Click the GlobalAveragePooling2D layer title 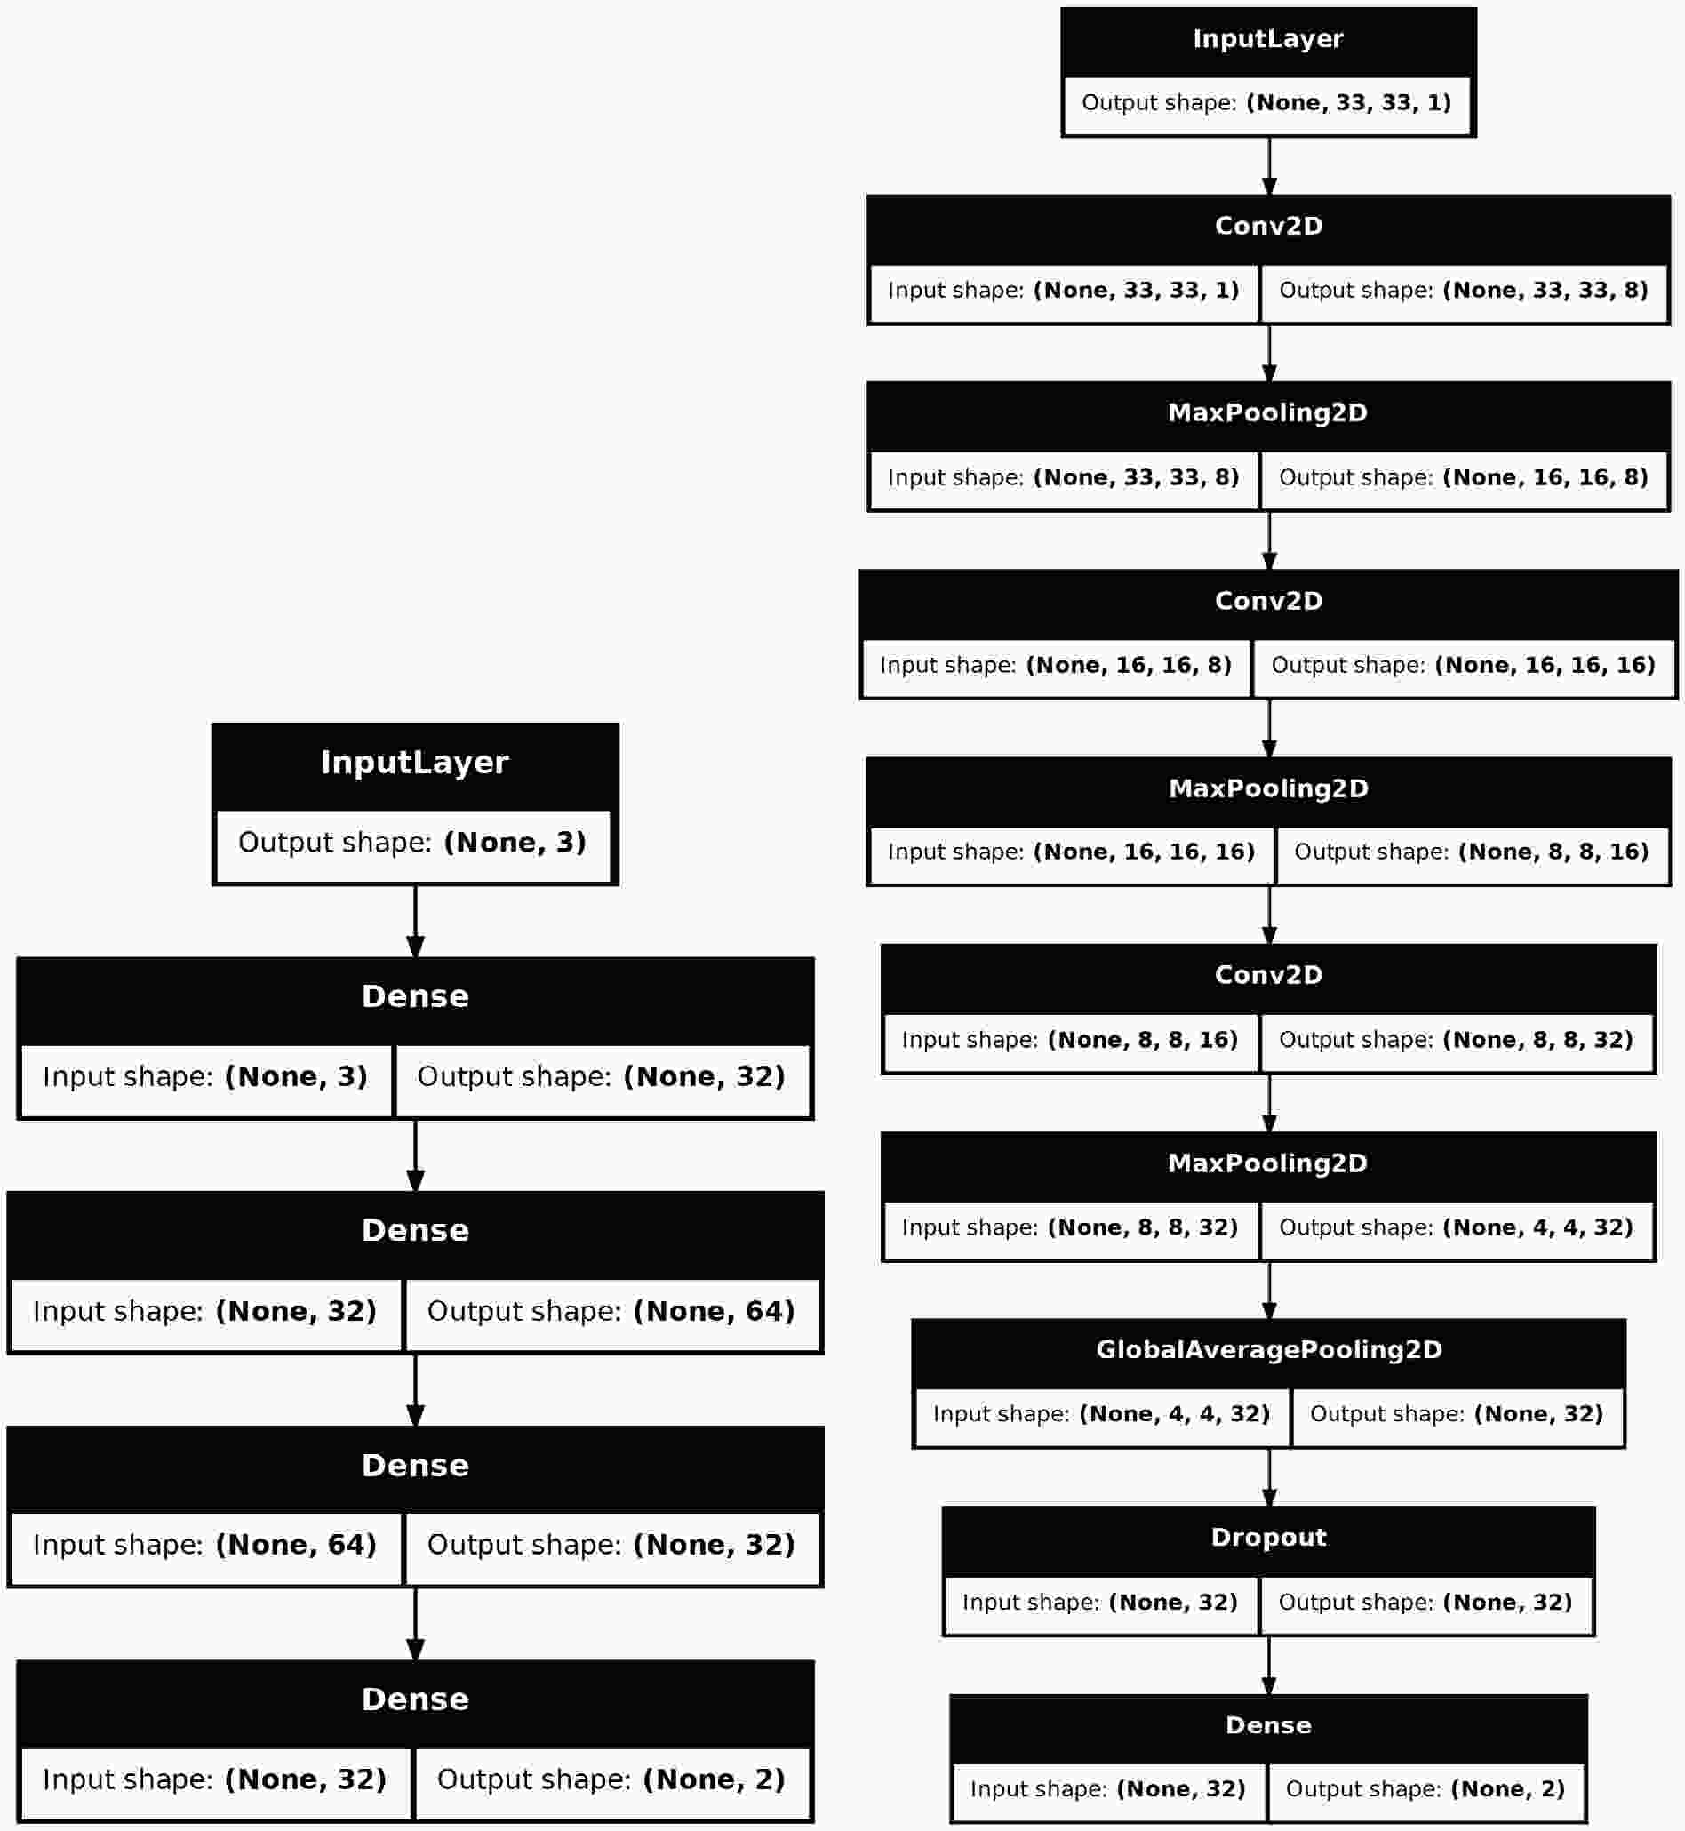pyautogui.click(x=1268, y=1349)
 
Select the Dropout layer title pyautogui.click(x=1268, y=1537)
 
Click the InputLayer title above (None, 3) pyautogui.click(x=415, y=763)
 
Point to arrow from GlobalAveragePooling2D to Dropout pyautogui.click(x=1268, y=1476)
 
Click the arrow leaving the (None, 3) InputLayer pyautogui.click(x=415, y=921)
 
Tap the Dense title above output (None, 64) pyautogui.click(x=415, y=1231)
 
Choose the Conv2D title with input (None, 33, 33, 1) pyautogui.click(x=1268, y=226)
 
